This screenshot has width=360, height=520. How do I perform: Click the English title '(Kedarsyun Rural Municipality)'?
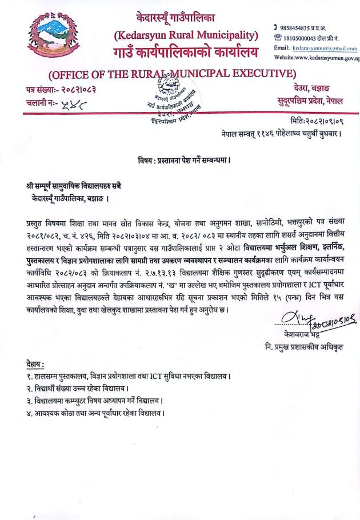coord(186,37)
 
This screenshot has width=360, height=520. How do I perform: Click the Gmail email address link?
coord(325,48)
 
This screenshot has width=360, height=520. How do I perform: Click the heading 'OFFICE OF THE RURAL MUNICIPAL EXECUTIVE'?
coord(172,74)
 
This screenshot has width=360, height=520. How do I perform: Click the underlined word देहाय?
coord(36,364)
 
